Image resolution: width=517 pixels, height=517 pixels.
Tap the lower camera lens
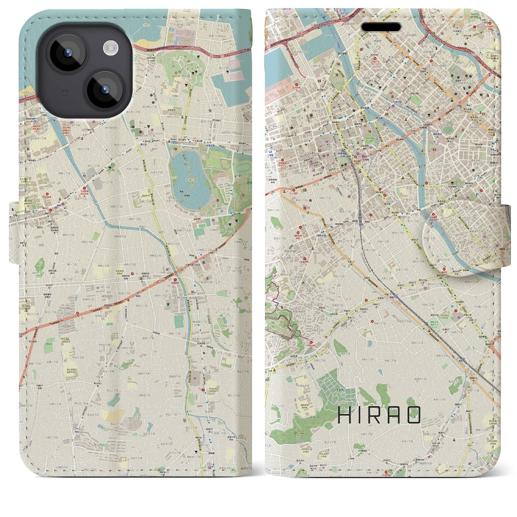(104, 89)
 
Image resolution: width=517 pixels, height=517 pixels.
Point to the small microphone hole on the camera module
(64, 92)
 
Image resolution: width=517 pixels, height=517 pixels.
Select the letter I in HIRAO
(362, 415)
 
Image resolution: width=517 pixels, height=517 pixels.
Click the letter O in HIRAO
(414, 415)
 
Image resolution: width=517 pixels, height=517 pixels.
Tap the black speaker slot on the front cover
(381, 27)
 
